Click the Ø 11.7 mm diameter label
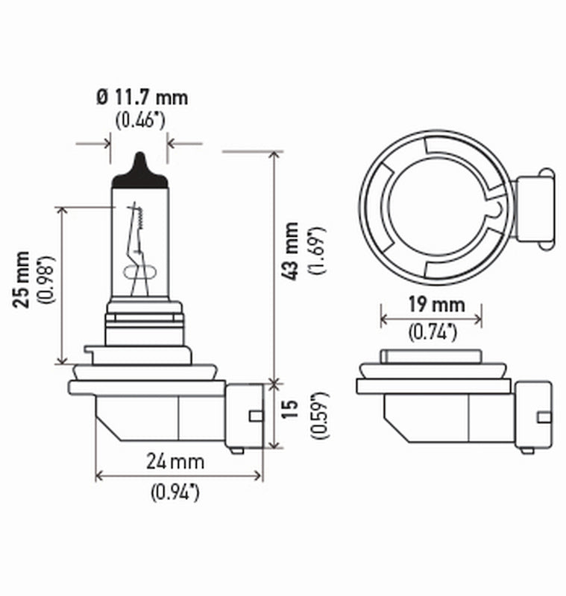142,97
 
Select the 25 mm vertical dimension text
22,279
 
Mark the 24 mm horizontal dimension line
179,476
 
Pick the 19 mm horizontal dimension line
431,319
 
